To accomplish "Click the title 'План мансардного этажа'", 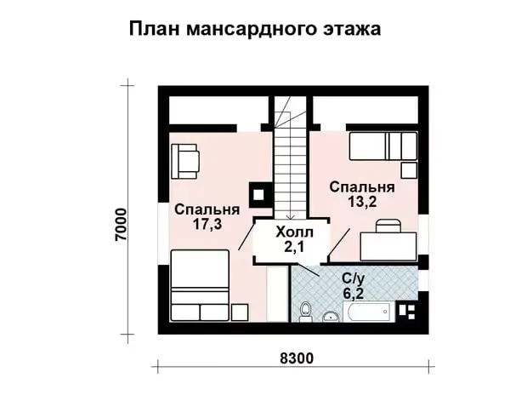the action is [x=255, y=29].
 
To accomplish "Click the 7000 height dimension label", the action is [x=122, y=225].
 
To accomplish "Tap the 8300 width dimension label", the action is [x=297, y=358].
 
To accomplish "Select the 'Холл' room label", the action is [x=294, y=232].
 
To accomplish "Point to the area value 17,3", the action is [x=207, y=224].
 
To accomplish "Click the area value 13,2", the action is [x=362, y=202].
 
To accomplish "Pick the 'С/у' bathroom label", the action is [x=354, y=278].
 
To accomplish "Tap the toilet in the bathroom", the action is [x=305, y=312].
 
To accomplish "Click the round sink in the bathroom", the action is [x=331, y=317].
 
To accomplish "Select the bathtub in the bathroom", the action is [x=369, y=312].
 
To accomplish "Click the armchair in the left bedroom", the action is [x=184, y=161].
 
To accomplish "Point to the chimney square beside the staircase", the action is [x=259, y=195].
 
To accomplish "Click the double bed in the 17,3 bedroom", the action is [x=200, y=285].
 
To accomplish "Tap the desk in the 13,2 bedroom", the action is [x=388, y=246].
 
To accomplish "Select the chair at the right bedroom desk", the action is [x=388, y=226].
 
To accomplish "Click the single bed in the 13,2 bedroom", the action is [x=383, y=146].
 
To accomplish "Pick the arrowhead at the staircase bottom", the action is [x=291, y=217].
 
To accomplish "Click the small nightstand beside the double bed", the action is [x=240, y=312].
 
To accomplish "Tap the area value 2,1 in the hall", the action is [x=294, y=247].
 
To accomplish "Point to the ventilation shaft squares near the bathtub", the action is [x=406, y=312].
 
